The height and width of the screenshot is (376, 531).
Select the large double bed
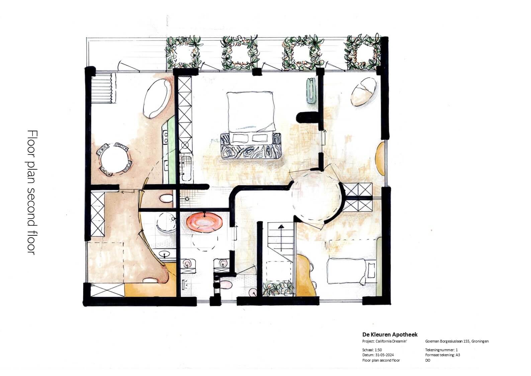pyautogui.click(x=251, y=113)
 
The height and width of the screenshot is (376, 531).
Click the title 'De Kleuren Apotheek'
pyautogui.click(x=390, y=334)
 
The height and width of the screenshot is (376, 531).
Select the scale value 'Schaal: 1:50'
pyautogui.click(x=372, y=350)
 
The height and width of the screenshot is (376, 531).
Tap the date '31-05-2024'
pyautogui.click(x=384, y=355)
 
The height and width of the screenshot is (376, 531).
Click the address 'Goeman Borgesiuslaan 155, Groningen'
pyautogui.click(x=457, y=342)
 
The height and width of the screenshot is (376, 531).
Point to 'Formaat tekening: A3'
pyautogui.click(x=442, y=355)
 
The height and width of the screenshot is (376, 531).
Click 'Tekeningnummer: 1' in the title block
pyautogui.click(x=441, y=350)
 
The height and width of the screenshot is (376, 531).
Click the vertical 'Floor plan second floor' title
pyautogui.click(x=32, y=193)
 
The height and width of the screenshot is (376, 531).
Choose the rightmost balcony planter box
pyautogui.click(x=363, y=52)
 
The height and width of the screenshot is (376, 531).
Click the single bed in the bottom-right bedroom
pyautogui.click(x=351, y=271)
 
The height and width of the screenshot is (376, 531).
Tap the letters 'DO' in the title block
pyautogui.click(x=428, y=360)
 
